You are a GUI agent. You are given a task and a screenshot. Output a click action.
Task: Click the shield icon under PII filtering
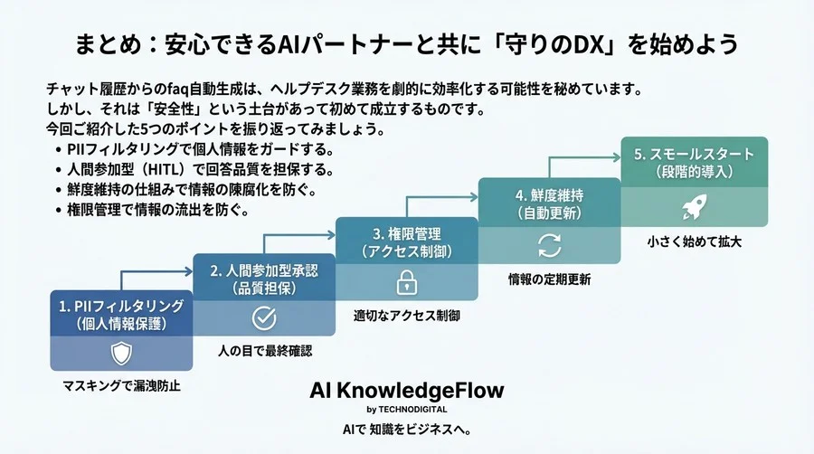tap(121, 353)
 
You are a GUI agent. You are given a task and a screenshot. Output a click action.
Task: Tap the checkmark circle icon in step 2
tap(263, 317)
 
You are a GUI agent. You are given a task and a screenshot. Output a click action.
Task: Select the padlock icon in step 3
tap(406, 282)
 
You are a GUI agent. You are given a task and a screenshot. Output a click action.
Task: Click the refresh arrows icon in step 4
tap(549, 245)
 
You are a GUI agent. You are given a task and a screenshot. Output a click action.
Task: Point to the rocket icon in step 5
tap(693, 210)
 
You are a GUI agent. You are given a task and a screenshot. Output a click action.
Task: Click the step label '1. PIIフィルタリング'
tap(121, 306)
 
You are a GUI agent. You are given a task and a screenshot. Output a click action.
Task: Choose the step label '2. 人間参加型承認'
tap(263, 270)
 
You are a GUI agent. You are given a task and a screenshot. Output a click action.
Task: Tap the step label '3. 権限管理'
tap(406, 233)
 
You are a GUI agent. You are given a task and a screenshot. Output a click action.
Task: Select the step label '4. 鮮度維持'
tap(549, 194)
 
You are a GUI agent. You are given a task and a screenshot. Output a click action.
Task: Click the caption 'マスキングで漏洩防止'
tap(121, 385)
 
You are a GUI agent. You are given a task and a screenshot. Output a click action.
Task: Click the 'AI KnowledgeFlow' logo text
tap(406, 390)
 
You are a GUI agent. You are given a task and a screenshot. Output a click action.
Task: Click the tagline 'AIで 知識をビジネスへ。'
tap(407, 428)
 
